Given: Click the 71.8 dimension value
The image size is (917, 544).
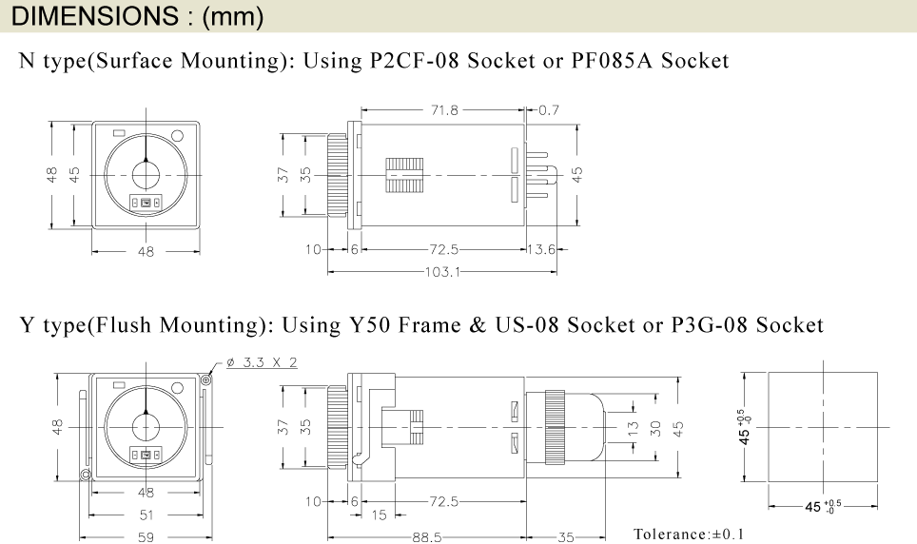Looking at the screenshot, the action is click(444, 110).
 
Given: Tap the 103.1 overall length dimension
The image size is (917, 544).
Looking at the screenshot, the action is click(442, 272).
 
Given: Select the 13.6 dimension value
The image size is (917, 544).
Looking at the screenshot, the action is click(541, 250).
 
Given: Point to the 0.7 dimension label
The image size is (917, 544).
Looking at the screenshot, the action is click(549, 110).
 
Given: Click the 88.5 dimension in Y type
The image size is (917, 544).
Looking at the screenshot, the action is click(427, 537).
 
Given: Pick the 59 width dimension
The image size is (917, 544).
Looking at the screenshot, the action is click(146, 537).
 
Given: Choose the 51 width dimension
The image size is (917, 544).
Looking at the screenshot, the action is click(146, 515).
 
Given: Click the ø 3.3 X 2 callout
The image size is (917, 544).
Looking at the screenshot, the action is click(262, 362).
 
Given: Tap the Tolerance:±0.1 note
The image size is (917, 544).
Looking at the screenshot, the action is click(689, 534).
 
